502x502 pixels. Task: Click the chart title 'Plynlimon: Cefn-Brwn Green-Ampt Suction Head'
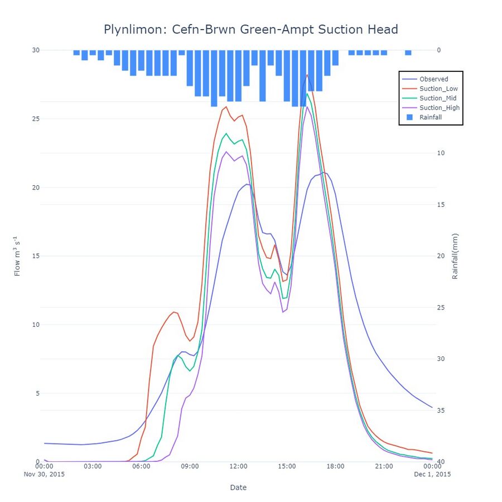pos(250,29)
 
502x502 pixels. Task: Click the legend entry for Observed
pos(433,79)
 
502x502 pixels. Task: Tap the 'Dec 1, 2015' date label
pos(432,474)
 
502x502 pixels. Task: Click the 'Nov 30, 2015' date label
pos(44,474)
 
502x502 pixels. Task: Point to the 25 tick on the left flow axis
pos(36,119)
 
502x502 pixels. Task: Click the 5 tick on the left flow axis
pos(38,393)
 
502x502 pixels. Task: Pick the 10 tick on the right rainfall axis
pos(440,153)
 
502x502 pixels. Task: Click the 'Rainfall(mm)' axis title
pos(455,256)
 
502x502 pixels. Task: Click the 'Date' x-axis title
pos(238,487)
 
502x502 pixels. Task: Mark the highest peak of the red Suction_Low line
pos(307,75)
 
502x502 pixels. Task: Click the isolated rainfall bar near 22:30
pos(408,52)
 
